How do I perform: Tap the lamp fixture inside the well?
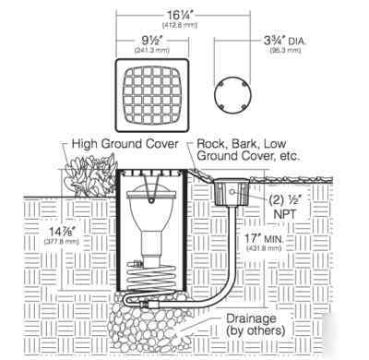(x=149, y=222)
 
